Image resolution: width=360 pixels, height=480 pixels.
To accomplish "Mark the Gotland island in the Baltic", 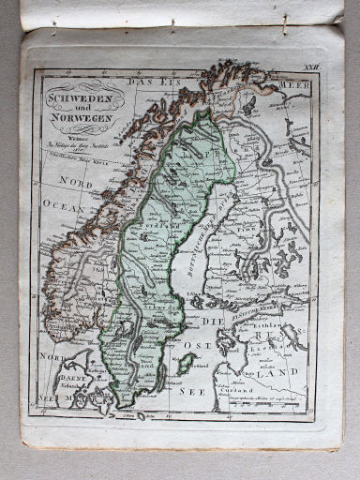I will (186, 362).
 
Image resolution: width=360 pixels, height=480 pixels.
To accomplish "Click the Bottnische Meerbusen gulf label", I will (196, 244).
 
